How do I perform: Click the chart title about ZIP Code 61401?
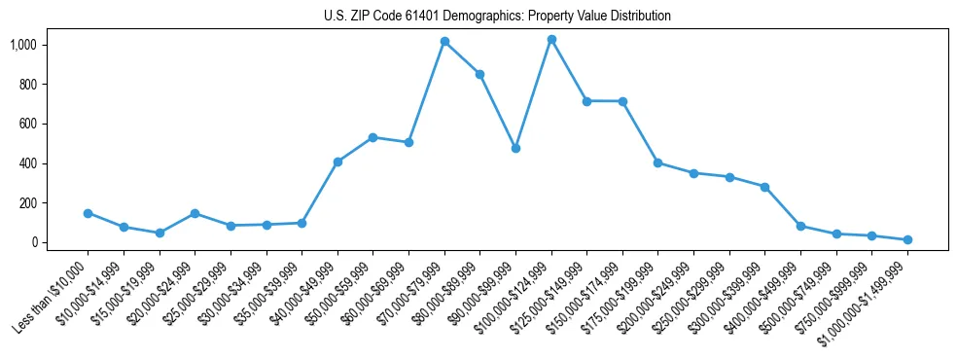click(497, 16)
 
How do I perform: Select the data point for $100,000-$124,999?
click(551, 39)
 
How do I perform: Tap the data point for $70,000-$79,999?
click(444, 41)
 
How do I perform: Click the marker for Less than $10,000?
click(88, 213)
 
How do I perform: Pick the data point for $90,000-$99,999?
click(515, 148)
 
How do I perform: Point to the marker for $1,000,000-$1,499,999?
click(907, 239)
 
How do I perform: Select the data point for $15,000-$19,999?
click(159, 233)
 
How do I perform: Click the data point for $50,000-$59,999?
click(372, 137)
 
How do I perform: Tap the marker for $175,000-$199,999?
click(658, 162)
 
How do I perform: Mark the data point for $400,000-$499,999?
click(800, 226)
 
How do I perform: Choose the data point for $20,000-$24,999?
click(195, 213)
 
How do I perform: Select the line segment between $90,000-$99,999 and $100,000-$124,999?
click(533, 93)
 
